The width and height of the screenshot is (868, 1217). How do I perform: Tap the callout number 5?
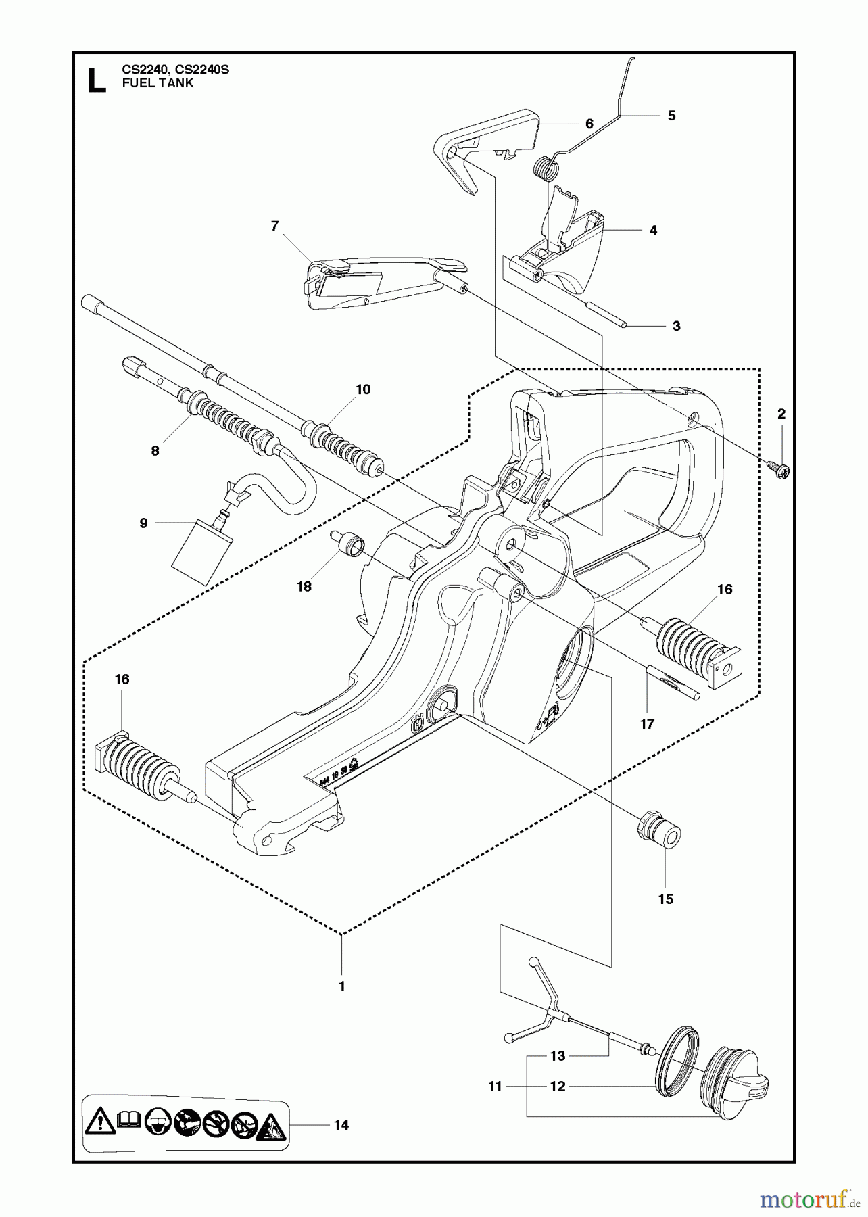[671, 116]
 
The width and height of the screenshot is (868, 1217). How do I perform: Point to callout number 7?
[274, 226]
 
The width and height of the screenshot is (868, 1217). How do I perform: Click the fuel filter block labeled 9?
[202, 551]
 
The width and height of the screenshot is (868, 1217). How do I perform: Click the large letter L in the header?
[97, 79]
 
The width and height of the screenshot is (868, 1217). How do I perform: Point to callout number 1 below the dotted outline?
[341, 986]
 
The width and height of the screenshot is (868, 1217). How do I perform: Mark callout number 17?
[647, 724]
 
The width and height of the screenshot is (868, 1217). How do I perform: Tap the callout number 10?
[363, 389]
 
